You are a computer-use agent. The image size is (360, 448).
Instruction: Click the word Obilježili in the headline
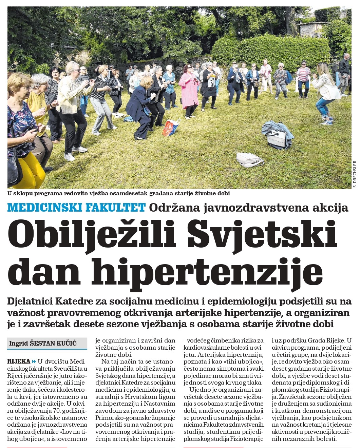click(92, 234)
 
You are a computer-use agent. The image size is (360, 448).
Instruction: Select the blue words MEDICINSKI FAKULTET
click(76, 207)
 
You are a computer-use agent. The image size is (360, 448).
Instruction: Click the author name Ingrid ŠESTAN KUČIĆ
click(43, 343)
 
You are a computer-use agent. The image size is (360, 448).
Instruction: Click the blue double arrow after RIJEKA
click(34, 361)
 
